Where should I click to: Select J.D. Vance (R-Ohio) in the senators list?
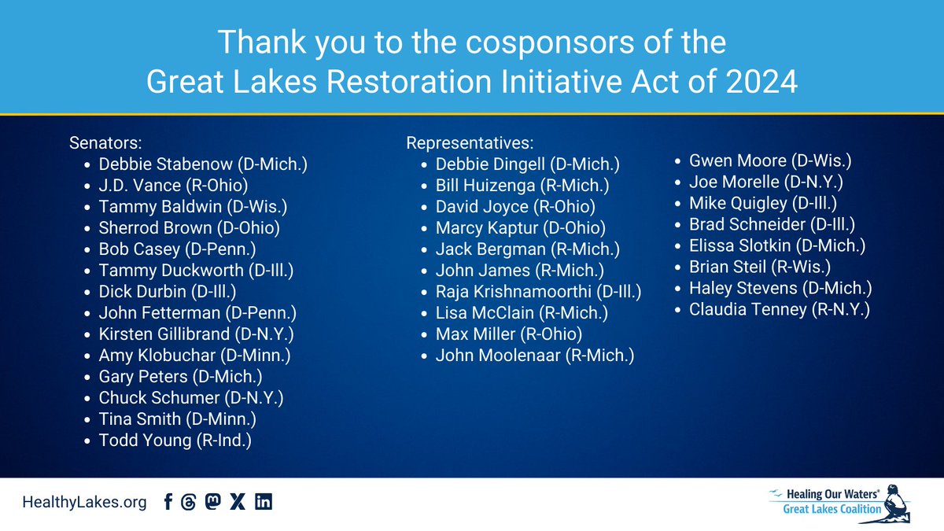173,186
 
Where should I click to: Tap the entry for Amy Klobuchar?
194,356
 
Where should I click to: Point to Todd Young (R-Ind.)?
175,441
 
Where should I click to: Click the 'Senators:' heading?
105,144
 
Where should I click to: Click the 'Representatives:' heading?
470,144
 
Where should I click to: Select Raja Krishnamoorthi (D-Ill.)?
538,293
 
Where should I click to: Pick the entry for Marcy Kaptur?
520,229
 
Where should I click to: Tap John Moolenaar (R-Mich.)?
534,356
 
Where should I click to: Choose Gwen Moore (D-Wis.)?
769,161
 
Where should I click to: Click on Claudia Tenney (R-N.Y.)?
779,310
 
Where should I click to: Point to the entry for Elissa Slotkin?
777,246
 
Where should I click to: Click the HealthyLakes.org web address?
84,503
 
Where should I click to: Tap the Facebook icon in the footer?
168,503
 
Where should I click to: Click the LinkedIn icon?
264,503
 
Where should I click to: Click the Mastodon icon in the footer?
212,503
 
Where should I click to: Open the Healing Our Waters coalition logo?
840,503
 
